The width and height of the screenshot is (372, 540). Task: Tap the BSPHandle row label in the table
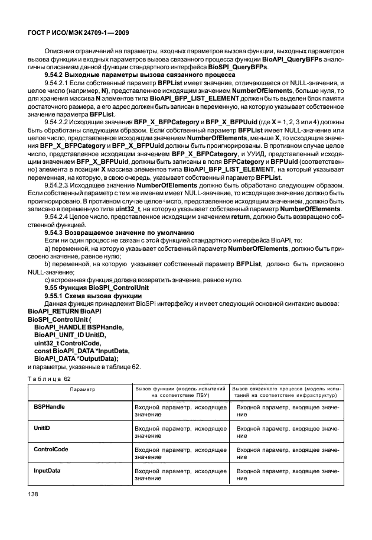click(50, 407)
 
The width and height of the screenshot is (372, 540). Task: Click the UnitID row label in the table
click(42, 428)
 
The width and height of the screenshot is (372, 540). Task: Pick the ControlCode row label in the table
click(51, 449)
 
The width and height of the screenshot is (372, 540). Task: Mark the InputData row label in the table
click(47, 470)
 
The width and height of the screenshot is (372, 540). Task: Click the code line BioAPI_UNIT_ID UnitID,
click(70, 334)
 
